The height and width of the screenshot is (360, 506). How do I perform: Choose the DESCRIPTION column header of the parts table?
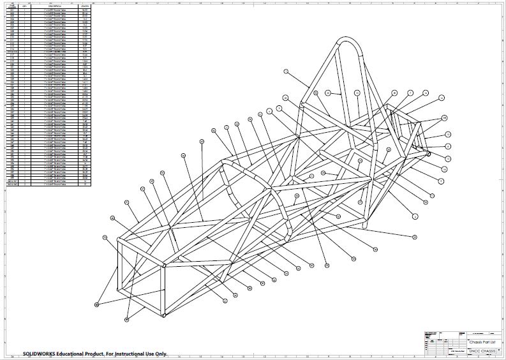tap(54, 7)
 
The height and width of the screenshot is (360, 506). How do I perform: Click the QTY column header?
tap(24, 7)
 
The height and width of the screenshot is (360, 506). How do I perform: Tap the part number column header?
tap(11, 7)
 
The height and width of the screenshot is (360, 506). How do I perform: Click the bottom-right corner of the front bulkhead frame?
tap(164, 315)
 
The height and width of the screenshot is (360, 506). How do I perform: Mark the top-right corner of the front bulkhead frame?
tap(164, 264)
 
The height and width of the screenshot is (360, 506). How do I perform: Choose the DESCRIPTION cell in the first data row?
tap(54, 11)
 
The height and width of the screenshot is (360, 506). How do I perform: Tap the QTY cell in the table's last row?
tap(24, 184)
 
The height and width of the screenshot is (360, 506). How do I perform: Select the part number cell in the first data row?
tap(11, 11)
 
